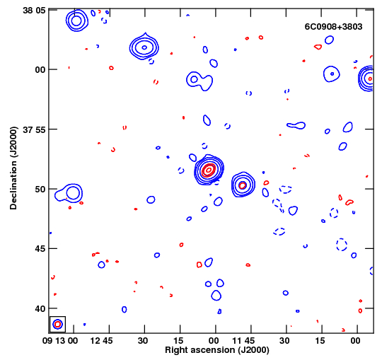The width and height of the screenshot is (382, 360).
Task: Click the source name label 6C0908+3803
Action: click(x=333, y=27)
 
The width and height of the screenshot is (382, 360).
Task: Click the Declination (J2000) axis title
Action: click(x=13, y=168)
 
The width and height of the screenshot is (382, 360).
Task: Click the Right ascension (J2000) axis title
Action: click(x=217, y=350)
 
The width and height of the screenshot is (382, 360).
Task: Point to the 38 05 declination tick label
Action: click(x=34, y=11)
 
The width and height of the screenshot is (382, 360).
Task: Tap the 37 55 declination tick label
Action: click(x=34, y=129)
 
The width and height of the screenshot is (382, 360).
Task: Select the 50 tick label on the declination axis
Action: click(x=40, y=190)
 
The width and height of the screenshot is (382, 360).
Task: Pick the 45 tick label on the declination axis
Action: click(x=40, y=249)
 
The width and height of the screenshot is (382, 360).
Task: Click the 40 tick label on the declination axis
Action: click(x=40, y=309)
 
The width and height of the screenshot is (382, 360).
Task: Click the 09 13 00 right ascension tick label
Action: click(x=60, y=340)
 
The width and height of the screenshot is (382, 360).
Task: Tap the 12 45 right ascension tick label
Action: click(x=101, y=340)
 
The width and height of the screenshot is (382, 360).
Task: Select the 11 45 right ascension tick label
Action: click(x=243, y=340)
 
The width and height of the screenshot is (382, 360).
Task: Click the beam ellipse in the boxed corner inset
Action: click(x=58, y=324)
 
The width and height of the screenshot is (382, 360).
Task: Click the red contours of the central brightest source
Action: click(x=209, y=170)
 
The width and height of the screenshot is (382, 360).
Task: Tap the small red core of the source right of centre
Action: click(x=243, y=185)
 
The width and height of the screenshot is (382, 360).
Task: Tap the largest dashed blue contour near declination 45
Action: click(x=342, y=245)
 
